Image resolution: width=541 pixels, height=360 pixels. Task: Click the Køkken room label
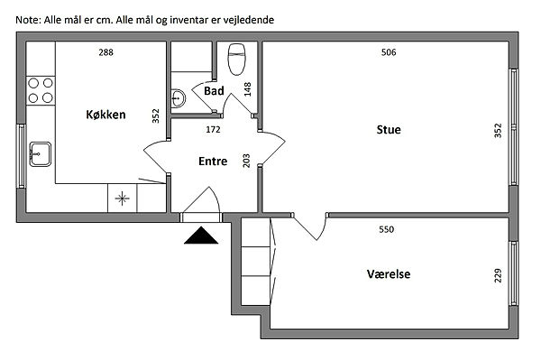pyautogui.click(x=105, y=115)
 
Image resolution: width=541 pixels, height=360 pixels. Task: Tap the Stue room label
pyautogui.click(x=389, y=129)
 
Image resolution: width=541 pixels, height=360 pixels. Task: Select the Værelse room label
pyautogui.click(x=389, y=274)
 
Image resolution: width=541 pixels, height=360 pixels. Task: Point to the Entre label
pyautogui.click(x=213, y=162)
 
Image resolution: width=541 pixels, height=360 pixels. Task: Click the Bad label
pyautogui.click(x=214, y=91)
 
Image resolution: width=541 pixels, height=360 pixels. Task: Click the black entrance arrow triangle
pyautogui.click(x=201, y=235)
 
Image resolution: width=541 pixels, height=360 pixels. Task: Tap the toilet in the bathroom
pyautogui.click(x=236, y=59)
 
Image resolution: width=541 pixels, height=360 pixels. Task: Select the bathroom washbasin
pyautogui.click(x=178, y=98)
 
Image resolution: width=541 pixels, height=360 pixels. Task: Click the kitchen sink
pyautogui.click(x=40, y=154)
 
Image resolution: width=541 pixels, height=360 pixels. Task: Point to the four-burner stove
pyautogui.click(x=41, y=90)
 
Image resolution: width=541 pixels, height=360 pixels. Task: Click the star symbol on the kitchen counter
pyautogui.click(x=122, y=198)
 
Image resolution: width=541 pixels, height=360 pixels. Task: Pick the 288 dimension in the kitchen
pyautogui.click(x=105, y=52)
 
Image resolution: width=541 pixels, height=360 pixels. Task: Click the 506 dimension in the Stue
pyautogui.click(x=389, y=52)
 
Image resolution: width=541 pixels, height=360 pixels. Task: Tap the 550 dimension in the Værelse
pyautogui.click(x=387, y=229)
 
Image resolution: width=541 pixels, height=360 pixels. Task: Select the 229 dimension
pyautogui.click(x=498, y=275)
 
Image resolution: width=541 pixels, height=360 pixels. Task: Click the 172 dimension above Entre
pyautogui.click(x=213, y=129)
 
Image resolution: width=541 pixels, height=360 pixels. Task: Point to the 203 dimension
pyautogui.click(x=246, y=161)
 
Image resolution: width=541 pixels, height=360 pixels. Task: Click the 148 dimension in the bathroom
pyautogui.click(x=247, y=89)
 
